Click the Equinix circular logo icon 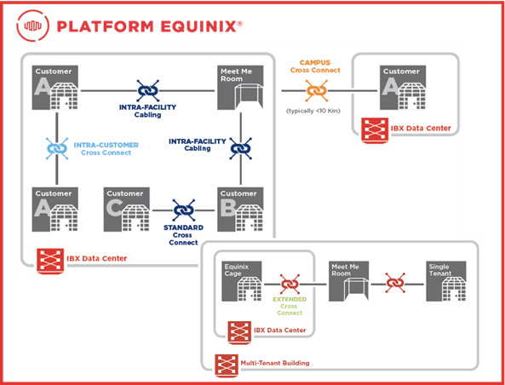click(x=33, y=26)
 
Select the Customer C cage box click(x=127, y=210)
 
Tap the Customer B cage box click(x=240, y=210)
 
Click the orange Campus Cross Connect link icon click(x=316, y=91)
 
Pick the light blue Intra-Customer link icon click(x=57, y=148)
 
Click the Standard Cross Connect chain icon click(x=184, y=210)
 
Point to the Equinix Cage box click(x=242, y=281)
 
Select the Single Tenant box click(x=446, y=281)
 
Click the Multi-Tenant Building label click(x=275, y=363)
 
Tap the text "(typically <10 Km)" click(x=313, y=111)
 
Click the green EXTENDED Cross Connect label click(x=290, y=306)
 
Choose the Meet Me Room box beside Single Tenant click(x=349, y=281)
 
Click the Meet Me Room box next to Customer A click(x=240, y=88)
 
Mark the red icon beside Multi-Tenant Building click(x=227, y=365)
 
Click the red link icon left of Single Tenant click(x=395, y=283)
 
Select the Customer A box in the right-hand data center click(x=403, y=88)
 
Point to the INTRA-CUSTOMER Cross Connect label click(x=106, y=149)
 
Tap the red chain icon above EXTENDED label click(x=290, y=284)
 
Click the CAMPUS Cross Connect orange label click(x=315, y=66)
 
